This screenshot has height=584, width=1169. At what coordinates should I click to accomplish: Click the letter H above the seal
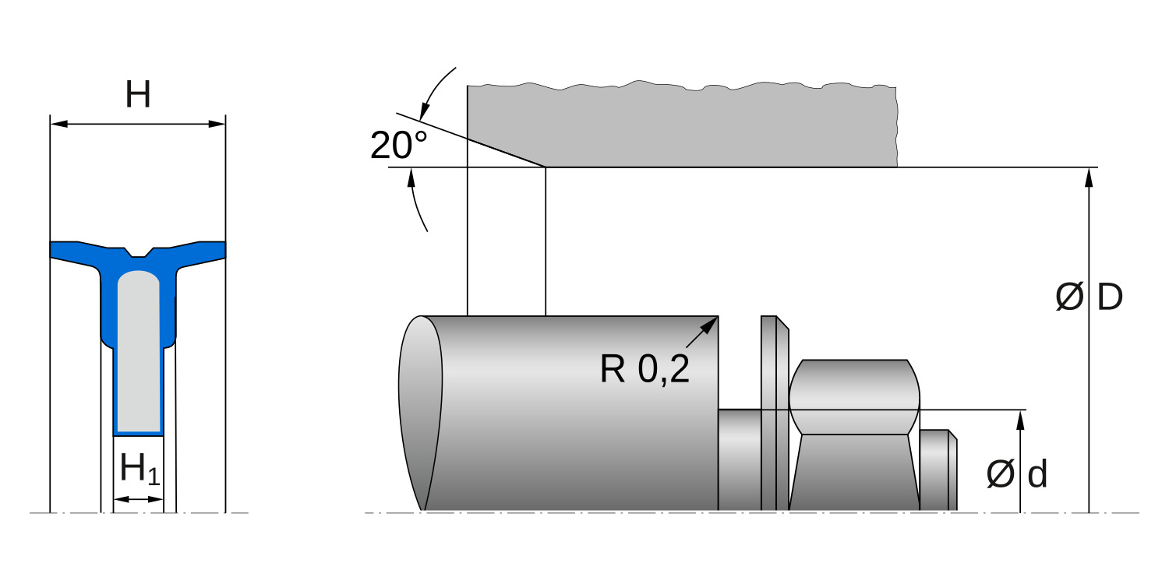click(138, 95)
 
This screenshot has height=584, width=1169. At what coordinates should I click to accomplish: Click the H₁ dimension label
click(140, 470)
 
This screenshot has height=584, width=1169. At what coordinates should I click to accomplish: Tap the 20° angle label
click(398, 146)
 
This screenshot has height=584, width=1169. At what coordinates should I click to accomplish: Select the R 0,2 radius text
click(645, 369)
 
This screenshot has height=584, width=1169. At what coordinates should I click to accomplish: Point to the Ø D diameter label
click(1089, 297)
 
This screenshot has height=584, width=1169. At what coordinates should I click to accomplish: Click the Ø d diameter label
click(1016, 474)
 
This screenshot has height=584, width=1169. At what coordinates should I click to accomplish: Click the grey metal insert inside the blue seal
click(138, 350)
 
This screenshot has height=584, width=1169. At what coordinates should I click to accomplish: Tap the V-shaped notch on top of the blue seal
click(138, 252)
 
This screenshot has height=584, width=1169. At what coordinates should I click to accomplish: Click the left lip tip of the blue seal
click(55, 251)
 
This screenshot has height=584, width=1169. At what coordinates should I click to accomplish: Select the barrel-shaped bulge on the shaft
click(854, 396)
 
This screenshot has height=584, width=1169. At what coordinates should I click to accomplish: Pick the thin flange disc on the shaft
click(775, 413)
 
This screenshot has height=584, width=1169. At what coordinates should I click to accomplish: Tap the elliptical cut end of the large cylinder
click(421, 413)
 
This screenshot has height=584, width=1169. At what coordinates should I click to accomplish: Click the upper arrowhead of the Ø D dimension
click(1089, 177)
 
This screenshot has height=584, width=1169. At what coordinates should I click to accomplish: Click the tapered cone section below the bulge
click(854, 472)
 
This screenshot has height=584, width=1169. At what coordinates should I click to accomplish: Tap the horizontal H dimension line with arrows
click(138, 124)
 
